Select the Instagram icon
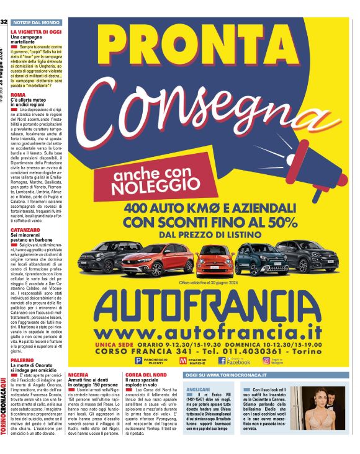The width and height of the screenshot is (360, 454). tap(266, 360)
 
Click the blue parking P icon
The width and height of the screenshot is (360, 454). tap(138, 361)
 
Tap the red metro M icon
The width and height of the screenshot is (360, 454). tap(184, 361)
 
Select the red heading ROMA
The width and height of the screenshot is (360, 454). tap(19, 95)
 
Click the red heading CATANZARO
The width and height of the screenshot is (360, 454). tap(25, 230)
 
